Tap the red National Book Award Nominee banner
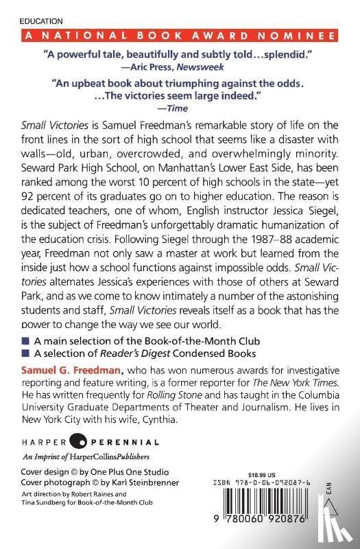pyautogui.click(x=180, y=36)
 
